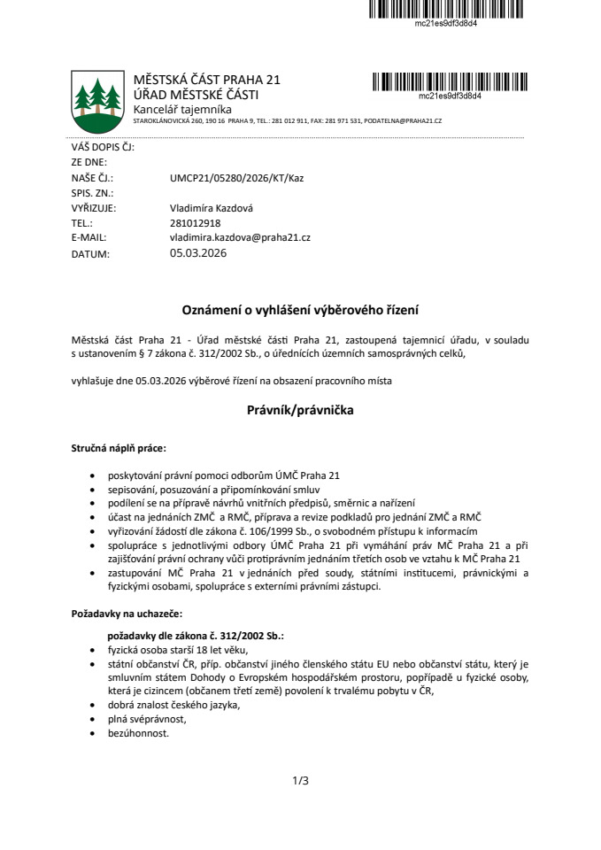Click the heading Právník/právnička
300,411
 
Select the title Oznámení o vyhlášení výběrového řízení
300,310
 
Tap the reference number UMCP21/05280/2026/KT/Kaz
236,177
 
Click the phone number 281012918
195,222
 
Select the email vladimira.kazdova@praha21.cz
240,237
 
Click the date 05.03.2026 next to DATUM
198,253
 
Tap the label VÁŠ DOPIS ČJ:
102,147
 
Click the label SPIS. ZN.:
93,192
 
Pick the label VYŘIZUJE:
94,207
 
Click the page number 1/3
300,781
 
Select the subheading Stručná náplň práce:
119,450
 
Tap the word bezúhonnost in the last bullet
137,733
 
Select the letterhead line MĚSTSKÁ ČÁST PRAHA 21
206,81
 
